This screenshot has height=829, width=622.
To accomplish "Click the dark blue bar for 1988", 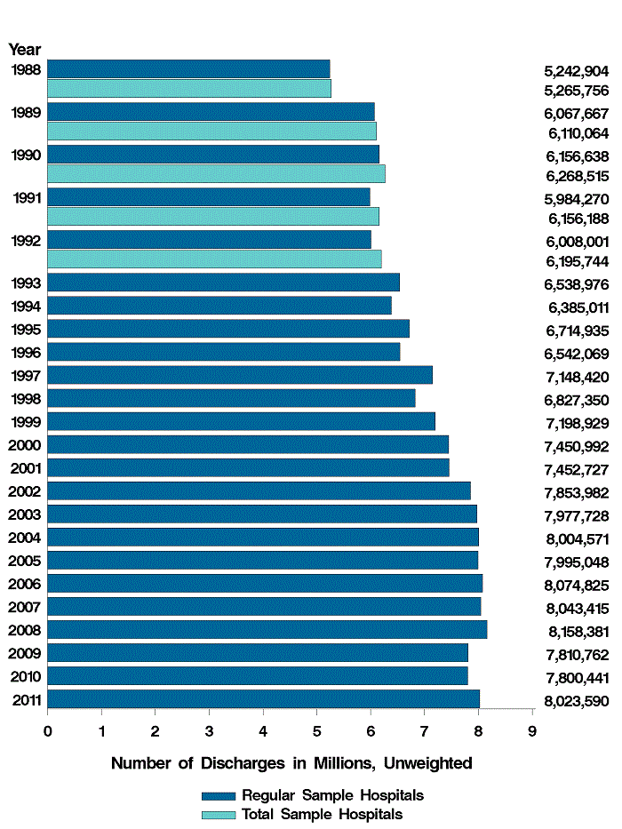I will [188, 68].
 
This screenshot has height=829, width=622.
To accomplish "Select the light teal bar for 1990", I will [216, 173].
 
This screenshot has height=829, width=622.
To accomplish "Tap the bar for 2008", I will [267, 629].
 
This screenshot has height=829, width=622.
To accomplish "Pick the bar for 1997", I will [240, 375].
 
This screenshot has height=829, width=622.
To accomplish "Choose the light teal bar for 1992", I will [214, 259].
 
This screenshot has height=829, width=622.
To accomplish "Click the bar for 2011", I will [263, 698].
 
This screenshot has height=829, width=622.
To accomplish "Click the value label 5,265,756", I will [576, 91].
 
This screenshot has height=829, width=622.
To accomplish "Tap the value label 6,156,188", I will [576, 219].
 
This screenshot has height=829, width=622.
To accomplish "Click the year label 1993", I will [25, 283].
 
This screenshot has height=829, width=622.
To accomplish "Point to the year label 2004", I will [25, 537].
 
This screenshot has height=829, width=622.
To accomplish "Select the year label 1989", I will [25, 113].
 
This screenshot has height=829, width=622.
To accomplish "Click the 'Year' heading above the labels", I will [25, 50].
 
